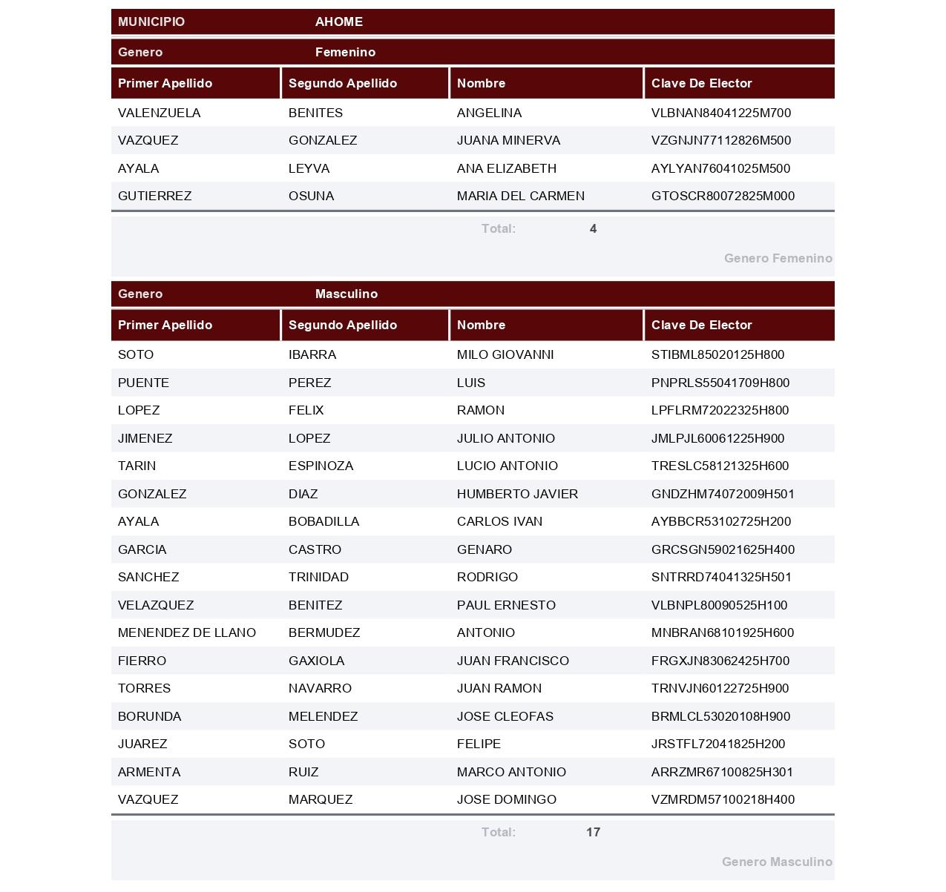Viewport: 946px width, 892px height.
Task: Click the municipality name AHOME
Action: [338, 22]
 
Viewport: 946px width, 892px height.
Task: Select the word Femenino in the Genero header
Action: [345, 52]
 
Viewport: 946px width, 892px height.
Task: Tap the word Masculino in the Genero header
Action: [346, 294]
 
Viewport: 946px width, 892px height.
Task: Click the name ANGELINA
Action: [489, 113]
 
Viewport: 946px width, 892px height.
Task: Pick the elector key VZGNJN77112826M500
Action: [720, 140]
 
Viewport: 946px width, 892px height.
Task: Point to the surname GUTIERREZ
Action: [154, 196]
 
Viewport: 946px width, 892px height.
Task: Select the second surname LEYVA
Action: [309, 168]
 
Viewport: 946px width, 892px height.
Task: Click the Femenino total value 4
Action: [593, 228]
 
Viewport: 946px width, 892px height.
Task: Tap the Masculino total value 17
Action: [593, 832]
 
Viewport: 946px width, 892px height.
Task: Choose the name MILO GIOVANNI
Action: [505, 354]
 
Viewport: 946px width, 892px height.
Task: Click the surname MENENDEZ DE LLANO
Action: [186, 632]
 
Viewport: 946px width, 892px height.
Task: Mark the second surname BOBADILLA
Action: [323, 521]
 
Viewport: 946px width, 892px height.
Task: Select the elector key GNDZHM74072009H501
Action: [722, 494]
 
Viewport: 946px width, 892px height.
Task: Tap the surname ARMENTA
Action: [148, 772]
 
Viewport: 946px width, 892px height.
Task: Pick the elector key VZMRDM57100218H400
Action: [722, 799]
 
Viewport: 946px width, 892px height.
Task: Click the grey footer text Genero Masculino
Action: [776, 862]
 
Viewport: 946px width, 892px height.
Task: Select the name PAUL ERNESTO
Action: [505, 605]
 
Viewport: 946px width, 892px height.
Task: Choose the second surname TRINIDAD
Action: [318, 577]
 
